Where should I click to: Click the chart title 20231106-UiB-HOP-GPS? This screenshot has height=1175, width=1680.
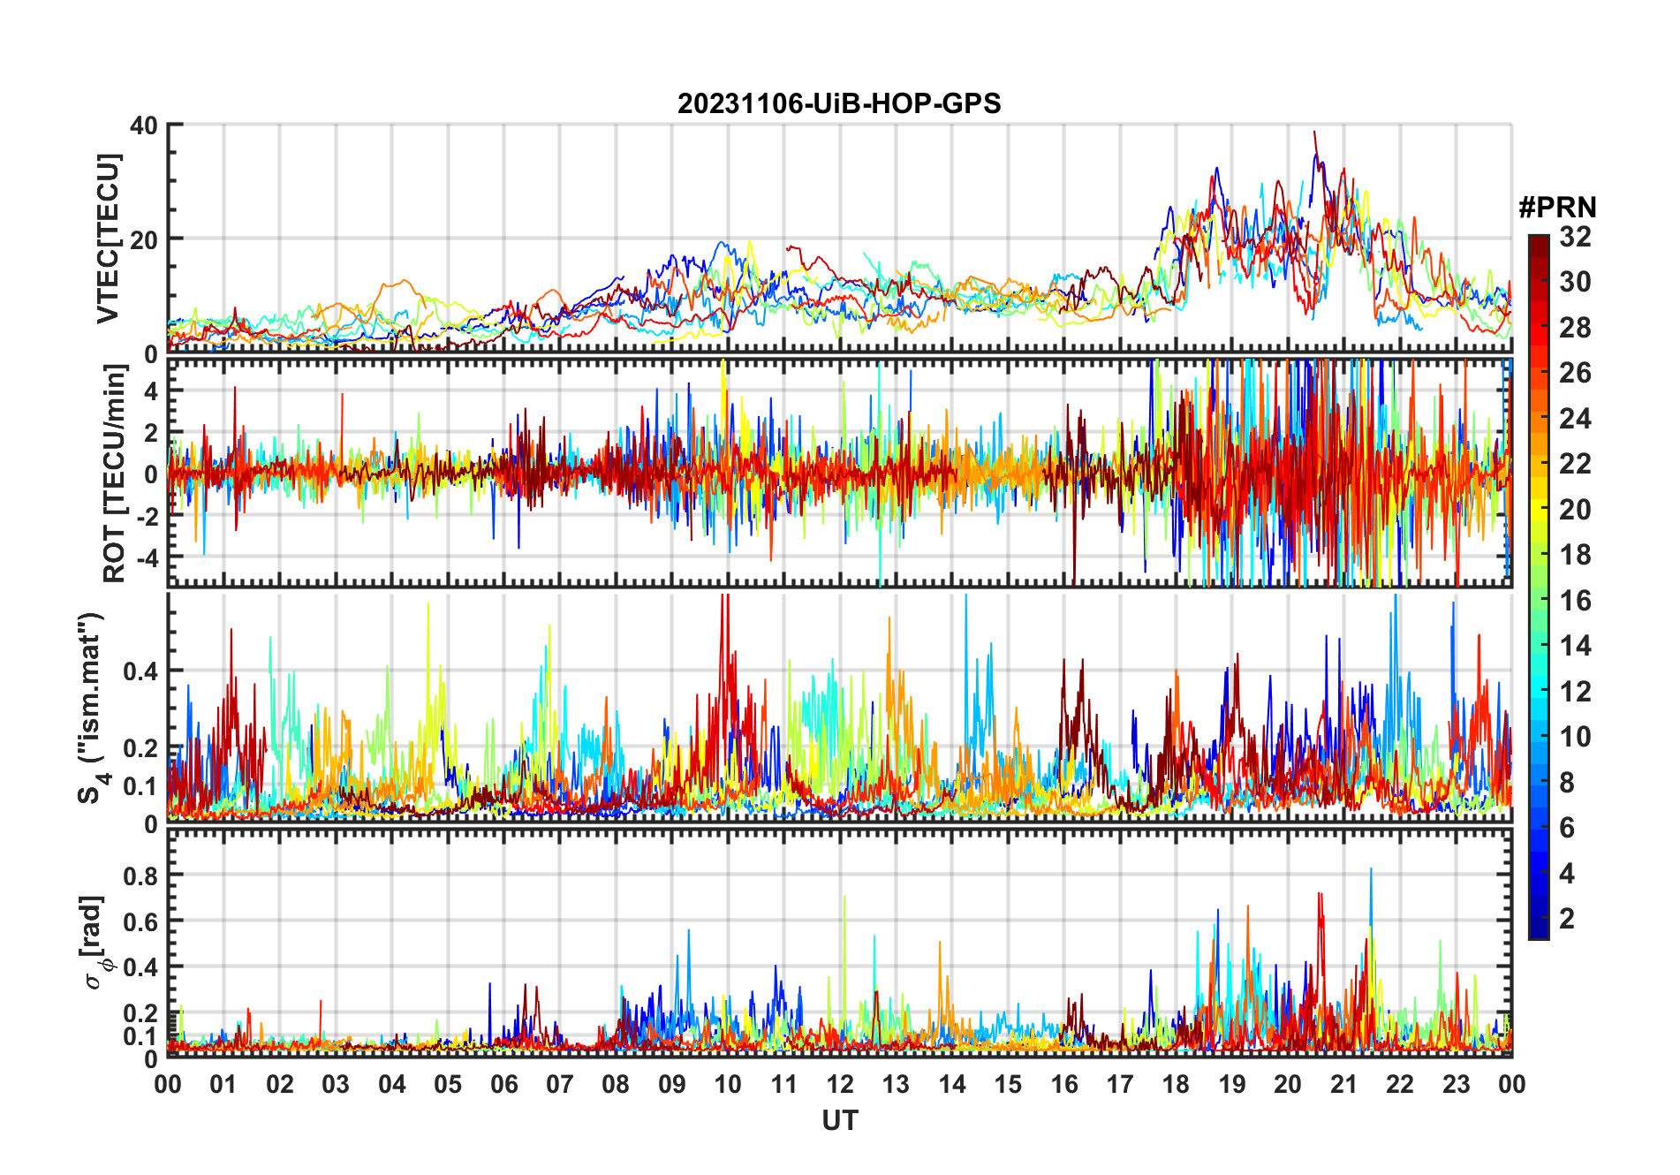point(839,104)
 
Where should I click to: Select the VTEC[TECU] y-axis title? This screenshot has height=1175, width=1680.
point(108,239)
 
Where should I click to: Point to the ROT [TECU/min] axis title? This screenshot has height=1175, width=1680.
point(115,474)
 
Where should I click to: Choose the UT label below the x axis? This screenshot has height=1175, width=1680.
point(839,1120)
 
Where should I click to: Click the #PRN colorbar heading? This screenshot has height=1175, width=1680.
point(1557,208)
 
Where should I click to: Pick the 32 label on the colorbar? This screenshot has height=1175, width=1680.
point(1575,237)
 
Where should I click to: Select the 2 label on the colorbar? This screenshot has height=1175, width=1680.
point(1567,919)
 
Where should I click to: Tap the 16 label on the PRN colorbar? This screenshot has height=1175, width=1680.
point(1575,601)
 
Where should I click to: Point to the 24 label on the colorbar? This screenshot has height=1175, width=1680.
point(1575,419)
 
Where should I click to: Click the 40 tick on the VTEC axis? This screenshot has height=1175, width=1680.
point(144,125)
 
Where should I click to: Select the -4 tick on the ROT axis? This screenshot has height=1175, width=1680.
point(144,557)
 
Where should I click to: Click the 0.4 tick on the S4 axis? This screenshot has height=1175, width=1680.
point(140,671)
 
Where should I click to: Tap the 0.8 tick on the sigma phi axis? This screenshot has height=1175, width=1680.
point(140,876)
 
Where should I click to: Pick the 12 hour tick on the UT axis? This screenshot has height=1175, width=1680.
point(840,1084)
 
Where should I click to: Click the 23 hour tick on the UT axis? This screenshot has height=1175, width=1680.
point(1456,1084)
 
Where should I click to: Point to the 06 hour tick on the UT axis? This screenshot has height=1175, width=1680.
point(504,1084)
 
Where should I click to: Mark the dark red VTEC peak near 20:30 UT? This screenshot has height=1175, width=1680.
point(1314,133)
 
